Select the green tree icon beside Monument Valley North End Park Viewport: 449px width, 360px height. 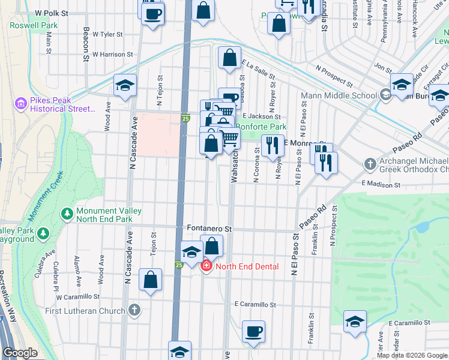(67, 214)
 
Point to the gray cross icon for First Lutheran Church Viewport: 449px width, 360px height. (134, 310)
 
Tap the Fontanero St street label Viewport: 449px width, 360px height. (209, 229)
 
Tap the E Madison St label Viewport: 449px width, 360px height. (381, 185)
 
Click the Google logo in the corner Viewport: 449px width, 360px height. (20, 353)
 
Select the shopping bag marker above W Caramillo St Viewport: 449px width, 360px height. (150, 280)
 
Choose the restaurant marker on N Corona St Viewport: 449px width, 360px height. (273, 146)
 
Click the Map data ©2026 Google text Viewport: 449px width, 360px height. (412, 355)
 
